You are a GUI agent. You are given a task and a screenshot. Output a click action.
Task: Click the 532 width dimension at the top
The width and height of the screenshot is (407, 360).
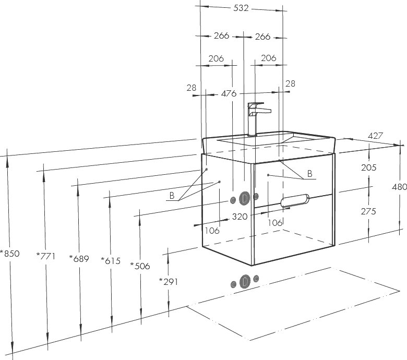pos(241,8)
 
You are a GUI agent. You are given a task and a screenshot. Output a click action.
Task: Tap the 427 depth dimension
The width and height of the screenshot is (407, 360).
pos(376,136)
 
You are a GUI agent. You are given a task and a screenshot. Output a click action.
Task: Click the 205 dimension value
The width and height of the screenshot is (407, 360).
pos(368,167)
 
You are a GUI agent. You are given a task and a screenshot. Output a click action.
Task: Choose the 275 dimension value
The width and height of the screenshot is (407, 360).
pos(368,212)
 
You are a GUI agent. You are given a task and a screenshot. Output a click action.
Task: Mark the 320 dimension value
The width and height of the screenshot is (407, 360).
pos(240,216)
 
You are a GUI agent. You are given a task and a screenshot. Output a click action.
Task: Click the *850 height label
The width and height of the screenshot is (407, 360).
pos(10,254)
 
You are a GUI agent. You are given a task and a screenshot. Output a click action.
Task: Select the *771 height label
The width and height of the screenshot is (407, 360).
pos(46,256)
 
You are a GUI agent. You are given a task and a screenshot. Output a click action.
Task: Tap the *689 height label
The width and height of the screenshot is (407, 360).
pos(79,258)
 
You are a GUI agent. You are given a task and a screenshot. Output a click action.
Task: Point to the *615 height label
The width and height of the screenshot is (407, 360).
pos(111,261)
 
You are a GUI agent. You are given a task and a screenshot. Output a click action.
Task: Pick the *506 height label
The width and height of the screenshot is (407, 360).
pos(140,266)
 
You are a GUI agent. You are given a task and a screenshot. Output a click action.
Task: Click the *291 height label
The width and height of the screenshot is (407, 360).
pos(169,282)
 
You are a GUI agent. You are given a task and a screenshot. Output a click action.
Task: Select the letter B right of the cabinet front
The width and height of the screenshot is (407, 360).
pos(309,174)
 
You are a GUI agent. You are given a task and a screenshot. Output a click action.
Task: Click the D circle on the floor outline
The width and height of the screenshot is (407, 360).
pos(245,281)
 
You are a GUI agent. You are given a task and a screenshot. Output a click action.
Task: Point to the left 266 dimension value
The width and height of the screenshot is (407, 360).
pos(222,36)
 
